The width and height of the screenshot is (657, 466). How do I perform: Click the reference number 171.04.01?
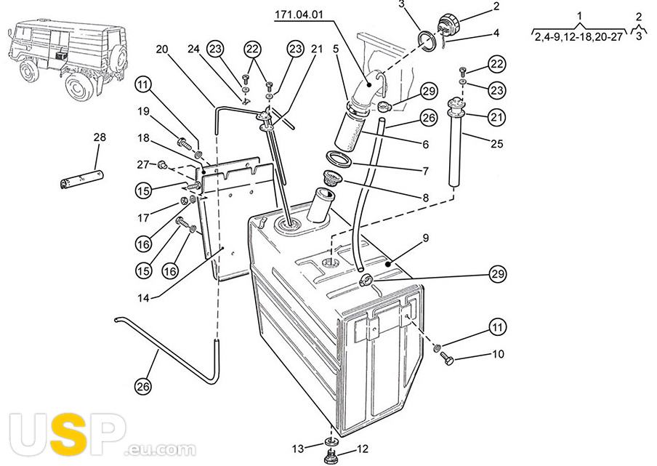coord(299,15)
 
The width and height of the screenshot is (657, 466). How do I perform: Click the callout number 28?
coord(100,137)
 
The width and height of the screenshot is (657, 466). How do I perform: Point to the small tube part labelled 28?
coord(82,179)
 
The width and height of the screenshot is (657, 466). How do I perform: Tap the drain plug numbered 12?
coord(331,456)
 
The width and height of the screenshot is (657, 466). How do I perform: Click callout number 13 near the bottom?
coord(297,449)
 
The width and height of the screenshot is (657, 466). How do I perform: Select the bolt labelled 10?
coord(448,358)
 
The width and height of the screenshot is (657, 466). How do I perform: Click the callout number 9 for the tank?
coord(426,238)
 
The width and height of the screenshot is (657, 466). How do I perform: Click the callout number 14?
coord(143,298)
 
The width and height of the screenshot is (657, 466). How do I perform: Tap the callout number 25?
coord(496,144)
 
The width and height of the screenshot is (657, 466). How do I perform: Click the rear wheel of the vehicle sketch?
coord(79,87)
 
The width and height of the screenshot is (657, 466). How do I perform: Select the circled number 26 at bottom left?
coord(143,385)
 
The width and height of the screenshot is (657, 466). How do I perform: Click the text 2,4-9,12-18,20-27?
coord(579,36)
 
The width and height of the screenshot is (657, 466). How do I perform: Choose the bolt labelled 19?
coord(185,144)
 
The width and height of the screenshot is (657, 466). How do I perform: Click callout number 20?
coord(162,49)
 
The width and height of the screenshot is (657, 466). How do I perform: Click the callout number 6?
coord(426,144)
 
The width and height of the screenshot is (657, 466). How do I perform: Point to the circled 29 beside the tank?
coord(498,275)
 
